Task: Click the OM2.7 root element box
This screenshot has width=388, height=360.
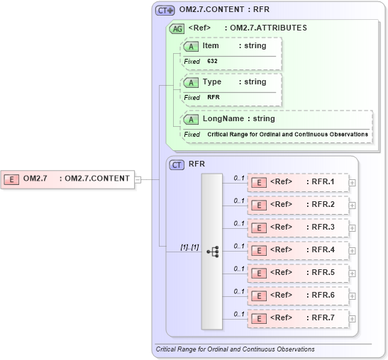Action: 68,178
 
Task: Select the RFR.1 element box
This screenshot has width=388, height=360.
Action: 297,182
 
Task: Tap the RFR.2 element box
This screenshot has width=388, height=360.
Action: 297,205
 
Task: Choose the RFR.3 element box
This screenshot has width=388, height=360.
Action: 297,227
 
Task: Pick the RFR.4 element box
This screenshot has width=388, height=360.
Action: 297,250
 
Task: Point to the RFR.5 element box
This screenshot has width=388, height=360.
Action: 297,273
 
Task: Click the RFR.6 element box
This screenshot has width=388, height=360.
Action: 297,296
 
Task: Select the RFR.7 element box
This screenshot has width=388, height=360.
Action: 297,318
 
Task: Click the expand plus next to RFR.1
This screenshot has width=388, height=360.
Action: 352,183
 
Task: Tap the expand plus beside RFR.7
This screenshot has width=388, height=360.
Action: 352,319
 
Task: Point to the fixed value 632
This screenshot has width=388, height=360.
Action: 213,62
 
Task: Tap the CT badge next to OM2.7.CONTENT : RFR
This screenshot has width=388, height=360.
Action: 165,11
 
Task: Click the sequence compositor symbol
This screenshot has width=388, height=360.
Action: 212,252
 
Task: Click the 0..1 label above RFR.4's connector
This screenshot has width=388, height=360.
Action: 239,245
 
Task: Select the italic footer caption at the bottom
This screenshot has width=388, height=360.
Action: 235,349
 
